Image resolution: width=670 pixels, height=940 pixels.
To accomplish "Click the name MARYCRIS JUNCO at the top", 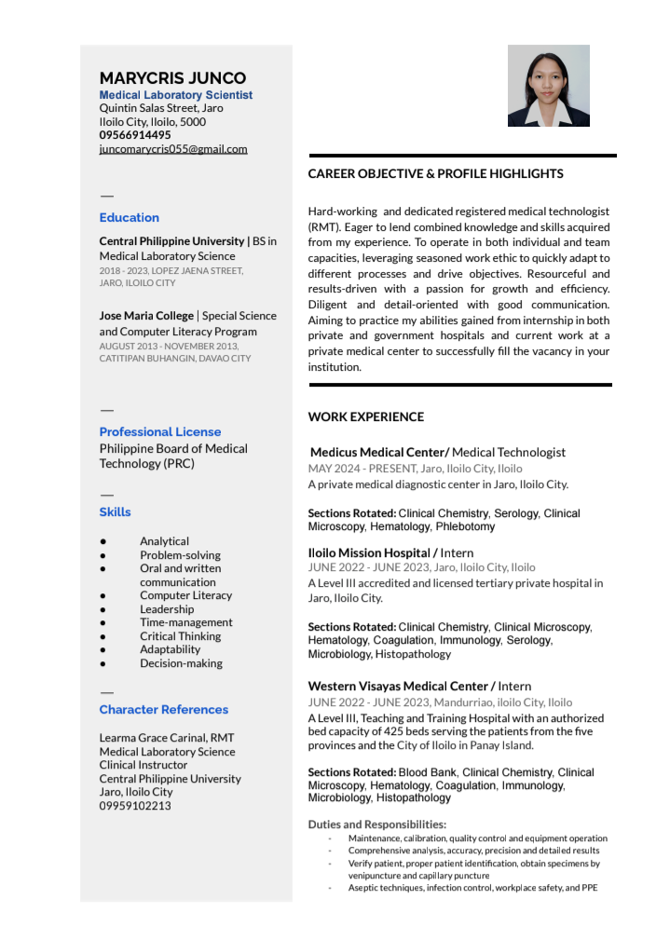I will tap(172, 78).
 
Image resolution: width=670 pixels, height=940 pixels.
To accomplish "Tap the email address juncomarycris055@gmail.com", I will tap(173, 149).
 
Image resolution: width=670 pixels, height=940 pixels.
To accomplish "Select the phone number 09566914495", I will tap(135, 135).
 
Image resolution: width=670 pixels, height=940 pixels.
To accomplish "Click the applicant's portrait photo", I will tap(548, 86).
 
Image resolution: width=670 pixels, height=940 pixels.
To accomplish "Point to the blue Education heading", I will tap(130, 218).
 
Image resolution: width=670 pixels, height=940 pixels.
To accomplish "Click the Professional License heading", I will tap(160, 432).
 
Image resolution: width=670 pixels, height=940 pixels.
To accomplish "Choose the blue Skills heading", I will tap(116, 512).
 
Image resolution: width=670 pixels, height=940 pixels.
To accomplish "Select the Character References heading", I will tap(164, 710).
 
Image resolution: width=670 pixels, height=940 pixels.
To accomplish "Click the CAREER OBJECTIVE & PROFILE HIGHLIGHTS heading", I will tap(435, 174).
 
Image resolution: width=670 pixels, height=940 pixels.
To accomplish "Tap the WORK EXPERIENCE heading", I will tap(365, 417).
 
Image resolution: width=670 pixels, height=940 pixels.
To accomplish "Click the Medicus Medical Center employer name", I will tap(378, 453).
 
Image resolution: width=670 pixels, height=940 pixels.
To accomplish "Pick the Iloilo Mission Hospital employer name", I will tap(370, 553).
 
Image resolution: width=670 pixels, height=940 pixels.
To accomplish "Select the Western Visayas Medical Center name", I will tap(399, 687).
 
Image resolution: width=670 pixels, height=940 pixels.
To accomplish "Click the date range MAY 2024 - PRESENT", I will tap(362, 469).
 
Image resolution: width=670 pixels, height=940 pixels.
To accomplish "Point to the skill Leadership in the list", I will tap(167, 609).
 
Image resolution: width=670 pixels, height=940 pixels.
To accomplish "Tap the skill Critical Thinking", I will tap(180, 636).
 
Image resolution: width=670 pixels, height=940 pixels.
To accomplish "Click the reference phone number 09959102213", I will tap(135, 806).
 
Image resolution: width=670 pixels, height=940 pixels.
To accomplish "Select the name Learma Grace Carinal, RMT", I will tap(167, 738).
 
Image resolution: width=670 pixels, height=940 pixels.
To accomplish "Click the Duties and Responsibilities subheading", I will tap(376, 824).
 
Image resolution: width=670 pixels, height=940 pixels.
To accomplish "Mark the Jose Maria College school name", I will tap(146, 316).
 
